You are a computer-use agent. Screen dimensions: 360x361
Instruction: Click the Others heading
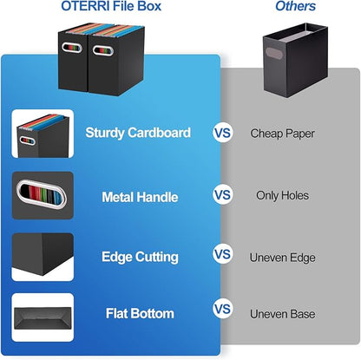294,7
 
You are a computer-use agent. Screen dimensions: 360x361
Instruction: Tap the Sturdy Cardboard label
138,133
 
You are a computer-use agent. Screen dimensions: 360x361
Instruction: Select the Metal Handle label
139,195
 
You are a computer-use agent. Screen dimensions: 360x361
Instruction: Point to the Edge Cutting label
140,257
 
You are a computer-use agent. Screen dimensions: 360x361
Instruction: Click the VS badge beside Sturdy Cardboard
223,133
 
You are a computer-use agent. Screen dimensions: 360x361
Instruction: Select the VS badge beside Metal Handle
223,195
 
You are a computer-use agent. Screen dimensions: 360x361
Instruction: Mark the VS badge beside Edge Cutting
223,255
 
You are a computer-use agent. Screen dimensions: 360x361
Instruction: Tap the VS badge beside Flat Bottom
223,309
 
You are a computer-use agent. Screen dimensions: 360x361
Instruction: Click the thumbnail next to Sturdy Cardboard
43,133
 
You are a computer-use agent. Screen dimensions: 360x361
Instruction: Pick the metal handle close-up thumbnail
43,195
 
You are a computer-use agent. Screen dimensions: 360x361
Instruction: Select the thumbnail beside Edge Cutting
43,257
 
